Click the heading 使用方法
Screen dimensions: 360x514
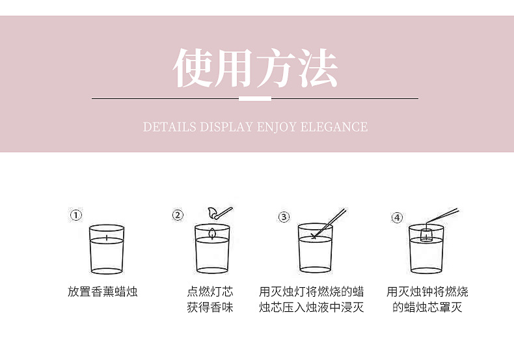click(255, 68)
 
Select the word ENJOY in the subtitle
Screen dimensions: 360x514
click(277, 126)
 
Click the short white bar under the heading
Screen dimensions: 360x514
click(255, 98)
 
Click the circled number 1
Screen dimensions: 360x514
click(76, 215)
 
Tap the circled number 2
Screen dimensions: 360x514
click(178, 215)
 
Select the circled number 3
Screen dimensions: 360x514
click(284, 217)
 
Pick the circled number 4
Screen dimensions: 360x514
click(397, 217)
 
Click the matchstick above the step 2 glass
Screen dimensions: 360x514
click(219, 212)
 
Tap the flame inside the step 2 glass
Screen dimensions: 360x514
click(212, 232)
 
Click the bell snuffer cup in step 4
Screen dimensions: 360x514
click(426, 234)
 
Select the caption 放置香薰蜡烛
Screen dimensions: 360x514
click(103, 292)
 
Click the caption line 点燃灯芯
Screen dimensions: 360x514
click(210, 292)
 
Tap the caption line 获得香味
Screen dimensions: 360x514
click(210, 307)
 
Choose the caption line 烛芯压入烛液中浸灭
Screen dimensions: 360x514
click(311, 307)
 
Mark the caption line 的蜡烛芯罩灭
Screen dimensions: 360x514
click(427, 307)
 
